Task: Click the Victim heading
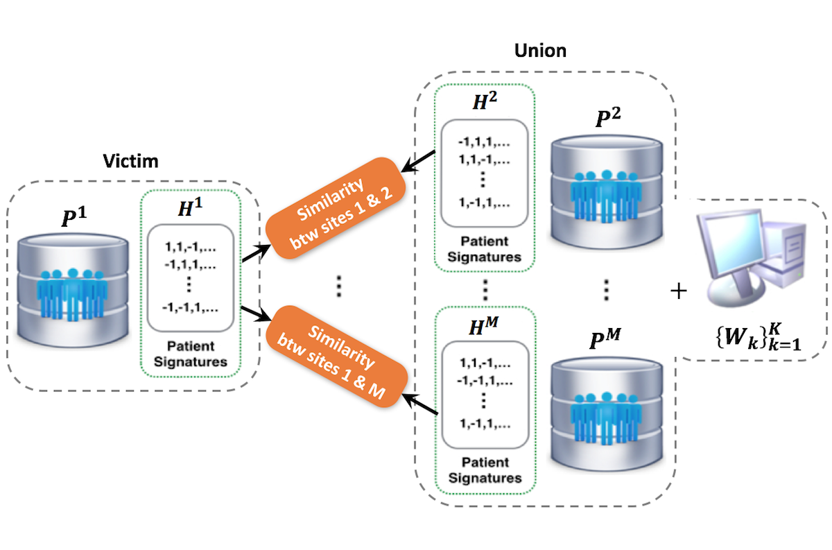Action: pyautogui.click(x=132, y=161)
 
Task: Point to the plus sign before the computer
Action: pyautogui.click(x=679, y=291)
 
